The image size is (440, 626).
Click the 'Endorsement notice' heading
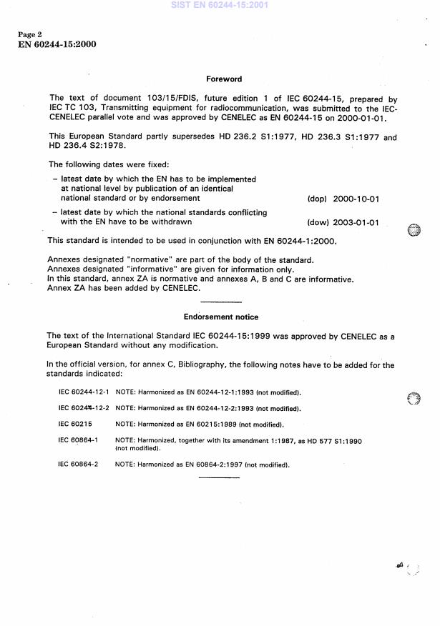click(x=220, y=317)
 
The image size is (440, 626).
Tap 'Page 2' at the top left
click(x=31, y=35)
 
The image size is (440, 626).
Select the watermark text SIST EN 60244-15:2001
click(x=220, y=4)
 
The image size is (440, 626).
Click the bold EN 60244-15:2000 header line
click(x=57, y=44)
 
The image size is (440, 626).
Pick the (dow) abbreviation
click(x=308, y=222)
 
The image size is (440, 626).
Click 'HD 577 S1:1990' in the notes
click(x=336, y=441)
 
